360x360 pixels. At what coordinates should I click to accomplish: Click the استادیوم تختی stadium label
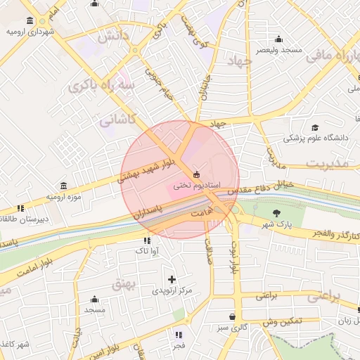click(x=198, y=186)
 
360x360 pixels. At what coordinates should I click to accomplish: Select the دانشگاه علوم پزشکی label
click(x=316, y=138)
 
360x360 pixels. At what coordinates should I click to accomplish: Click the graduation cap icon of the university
click(x=315, y=127)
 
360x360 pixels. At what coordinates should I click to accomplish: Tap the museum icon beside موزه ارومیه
click(x=64, y=186)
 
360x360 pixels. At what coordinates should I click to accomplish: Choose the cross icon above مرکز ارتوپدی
click(x=171, y=279)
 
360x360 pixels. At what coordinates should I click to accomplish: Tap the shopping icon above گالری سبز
click(x=232, y=316)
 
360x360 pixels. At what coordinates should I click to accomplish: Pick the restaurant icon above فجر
click(x=179, y=335)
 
